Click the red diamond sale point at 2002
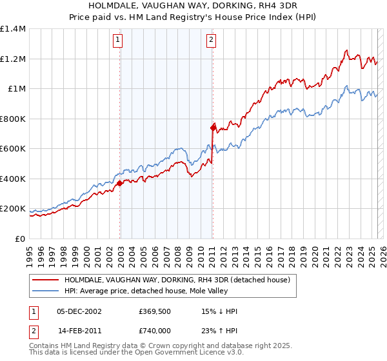tap(120, 183)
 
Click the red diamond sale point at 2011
tap(213, 128)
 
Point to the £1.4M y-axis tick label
tap(13, 29)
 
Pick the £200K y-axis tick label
tap(13, 209)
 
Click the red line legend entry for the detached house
tap(178, 280)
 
